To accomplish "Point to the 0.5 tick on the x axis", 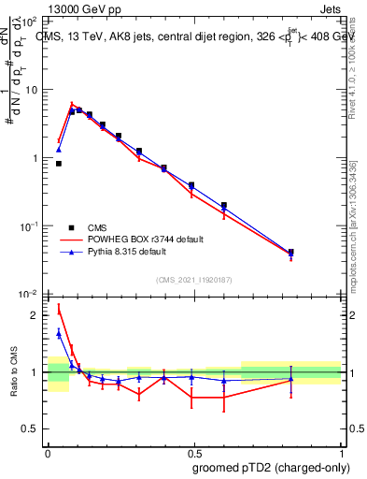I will (194, 451).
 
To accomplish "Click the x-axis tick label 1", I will (342, 451).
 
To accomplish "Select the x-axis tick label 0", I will (48, 451).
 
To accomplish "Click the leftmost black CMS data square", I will (59, 164).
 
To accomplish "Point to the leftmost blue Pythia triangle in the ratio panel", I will (59, 333).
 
